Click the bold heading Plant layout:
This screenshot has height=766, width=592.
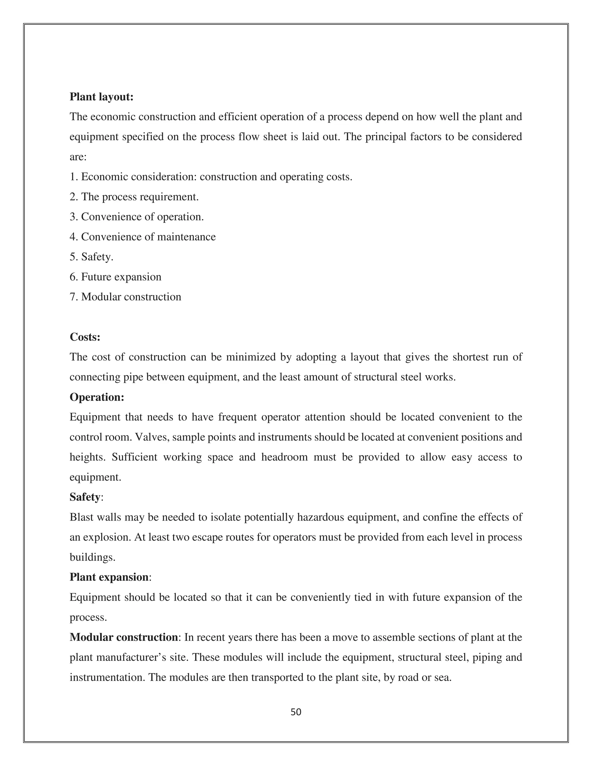(x=101, y=97)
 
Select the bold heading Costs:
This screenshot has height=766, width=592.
(x=85, y=337)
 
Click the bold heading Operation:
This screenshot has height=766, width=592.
(x=97, y=397)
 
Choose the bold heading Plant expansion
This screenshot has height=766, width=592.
(x=109, y=577)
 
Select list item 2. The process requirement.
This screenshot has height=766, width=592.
(x=134, y=197)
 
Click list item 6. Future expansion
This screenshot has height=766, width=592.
(x=115, y=277)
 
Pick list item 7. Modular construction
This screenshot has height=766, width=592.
(x=125, y=297)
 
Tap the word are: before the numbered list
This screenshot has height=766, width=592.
(x=78, y=157)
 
